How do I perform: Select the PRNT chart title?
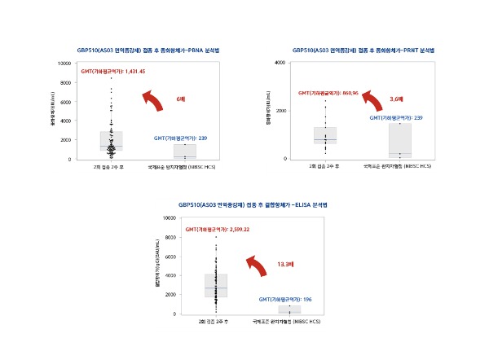pyautogui.click(x=364, y=50)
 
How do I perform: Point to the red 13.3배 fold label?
pyautogui.click(x=286, y=264)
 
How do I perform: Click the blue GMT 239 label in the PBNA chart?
pyautogui.click(x=180, y=138)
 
